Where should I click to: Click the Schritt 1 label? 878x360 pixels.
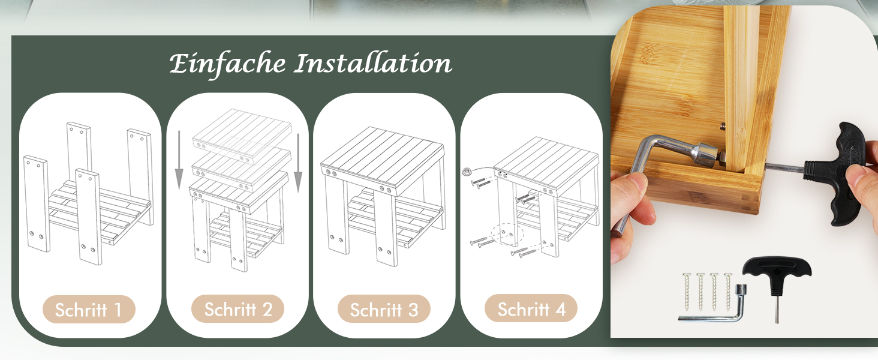(89, 310)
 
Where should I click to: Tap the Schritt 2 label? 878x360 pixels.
(237, 309)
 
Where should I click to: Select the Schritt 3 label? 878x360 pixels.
(384, 309)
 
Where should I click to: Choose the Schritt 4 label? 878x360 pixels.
(531, 308)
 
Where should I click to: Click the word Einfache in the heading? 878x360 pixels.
(227, 64)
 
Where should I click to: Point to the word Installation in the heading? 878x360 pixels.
(373, 63)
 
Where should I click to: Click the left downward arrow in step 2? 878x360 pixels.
(179, 160)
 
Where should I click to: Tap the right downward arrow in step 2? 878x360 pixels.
(299, 163)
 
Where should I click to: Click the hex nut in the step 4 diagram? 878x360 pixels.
(467, 172)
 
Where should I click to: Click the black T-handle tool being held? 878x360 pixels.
(843, 173)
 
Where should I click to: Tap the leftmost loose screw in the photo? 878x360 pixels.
(686, 292)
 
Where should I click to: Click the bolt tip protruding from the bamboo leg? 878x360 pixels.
(722, 126)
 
